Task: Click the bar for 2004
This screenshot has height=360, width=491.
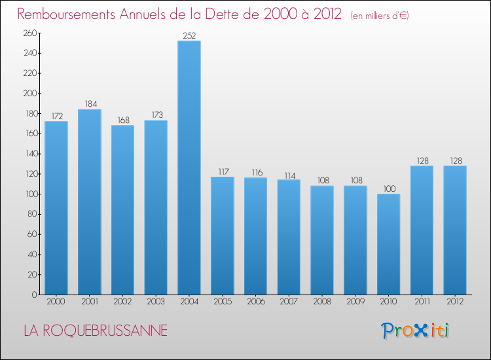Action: (189, 168)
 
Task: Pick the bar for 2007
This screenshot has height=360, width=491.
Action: (289, 237)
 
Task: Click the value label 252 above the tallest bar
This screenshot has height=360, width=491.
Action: (189, 36)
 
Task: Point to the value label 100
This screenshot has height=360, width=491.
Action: (388, 189)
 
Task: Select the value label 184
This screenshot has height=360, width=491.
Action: (90, 104)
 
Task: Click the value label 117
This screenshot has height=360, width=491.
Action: (223, 172)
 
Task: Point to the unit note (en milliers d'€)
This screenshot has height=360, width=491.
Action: (380, 16)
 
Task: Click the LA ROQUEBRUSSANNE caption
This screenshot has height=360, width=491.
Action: (96, 331)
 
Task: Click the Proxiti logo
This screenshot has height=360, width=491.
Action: (415, 331)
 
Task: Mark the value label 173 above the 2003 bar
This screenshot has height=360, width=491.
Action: (156, 115)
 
